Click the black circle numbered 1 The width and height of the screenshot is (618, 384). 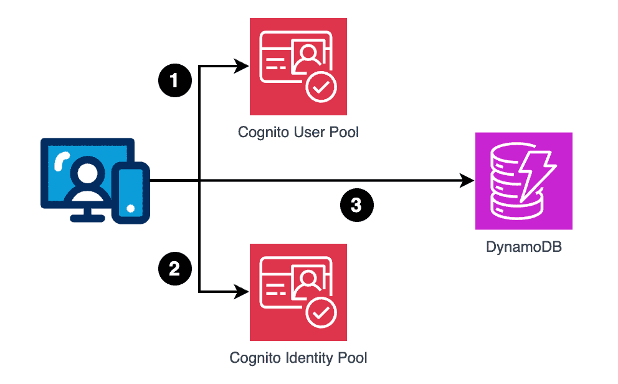click(174, 81)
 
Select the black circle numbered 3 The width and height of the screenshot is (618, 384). click(356, 205)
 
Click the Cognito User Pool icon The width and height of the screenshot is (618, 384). click(298, 67)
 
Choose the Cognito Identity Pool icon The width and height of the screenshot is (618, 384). click(298, 292)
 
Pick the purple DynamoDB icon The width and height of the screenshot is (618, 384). click(523, 181)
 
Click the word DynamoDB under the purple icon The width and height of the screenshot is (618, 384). click(523, 247)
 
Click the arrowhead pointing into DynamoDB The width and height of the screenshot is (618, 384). click(467, 181)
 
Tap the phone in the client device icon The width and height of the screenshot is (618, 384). click(131, 191)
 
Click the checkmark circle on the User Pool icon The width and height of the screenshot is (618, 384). click(321, 89)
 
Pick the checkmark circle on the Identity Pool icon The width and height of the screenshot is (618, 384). click(321, 314)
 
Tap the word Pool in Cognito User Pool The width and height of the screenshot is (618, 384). click(345, 133)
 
